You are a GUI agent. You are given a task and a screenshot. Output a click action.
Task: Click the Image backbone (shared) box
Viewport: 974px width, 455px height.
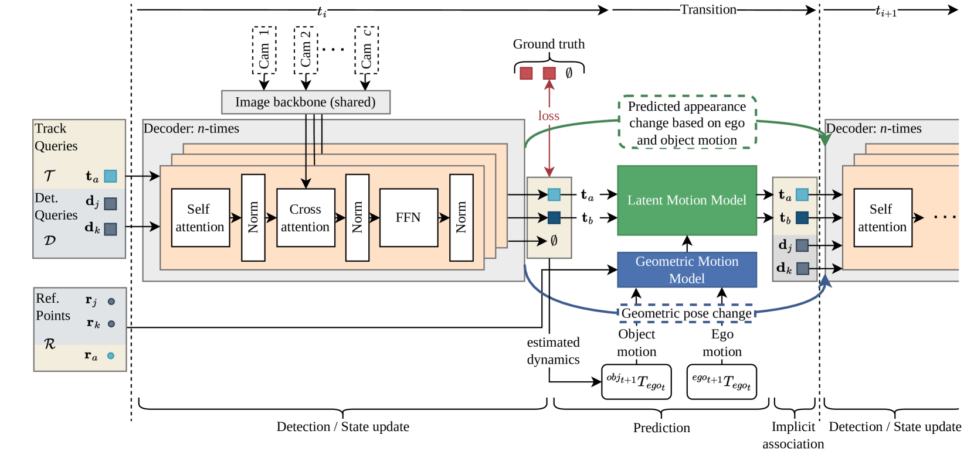click(x=306, y=102)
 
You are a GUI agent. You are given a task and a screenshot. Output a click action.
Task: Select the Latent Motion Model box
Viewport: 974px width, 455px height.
click(x=687, y=200)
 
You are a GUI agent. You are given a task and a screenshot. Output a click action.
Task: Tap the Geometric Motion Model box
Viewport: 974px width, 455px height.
click(x=687, y=270)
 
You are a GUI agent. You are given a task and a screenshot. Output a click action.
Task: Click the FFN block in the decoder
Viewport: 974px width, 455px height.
click(x=408, y=218)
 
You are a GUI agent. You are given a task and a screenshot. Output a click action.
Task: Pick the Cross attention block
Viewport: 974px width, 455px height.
click(x=306, y=218)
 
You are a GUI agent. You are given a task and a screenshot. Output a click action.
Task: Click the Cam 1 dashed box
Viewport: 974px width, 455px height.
click(x=264, y=50)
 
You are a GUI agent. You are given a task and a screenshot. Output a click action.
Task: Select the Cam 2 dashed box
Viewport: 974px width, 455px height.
click(x=306, y=50)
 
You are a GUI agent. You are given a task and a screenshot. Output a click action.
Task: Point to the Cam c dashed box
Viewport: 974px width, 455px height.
click(x=366, y=50)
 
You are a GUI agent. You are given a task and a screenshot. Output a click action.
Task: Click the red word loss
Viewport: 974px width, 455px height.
click(x=549, y=116)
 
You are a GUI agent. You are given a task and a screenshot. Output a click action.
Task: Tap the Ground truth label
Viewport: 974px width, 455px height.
click(x=549, y=44)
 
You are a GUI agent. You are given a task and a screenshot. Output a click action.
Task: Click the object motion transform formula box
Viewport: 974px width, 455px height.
click(x=636, y=382)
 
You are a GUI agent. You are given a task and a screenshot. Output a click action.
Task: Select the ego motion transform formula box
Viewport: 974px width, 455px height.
click(x=721, y=382)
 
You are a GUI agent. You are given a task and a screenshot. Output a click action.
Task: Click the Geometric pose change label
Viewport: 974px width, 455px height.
click(x=686, y=313)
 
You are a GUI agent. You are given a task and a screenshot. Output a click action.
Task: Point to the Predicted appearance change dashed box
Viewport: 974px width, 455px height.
click(x=687, y=123)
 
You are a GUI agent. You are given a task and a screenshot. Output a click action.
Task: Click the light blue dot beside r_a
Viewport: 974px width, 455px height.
click(x=111, y=355)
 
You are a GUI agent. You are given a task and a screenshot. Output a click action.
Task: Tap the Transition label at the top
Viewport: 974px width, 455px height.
click(x=708, y=9)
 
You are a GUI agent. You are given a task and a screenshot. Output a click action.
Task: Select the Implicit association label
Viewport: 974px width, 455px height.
click(x=793, y=435)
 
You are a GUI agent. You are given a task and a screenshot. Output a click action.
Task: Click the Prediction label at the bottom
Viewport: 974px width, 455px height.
click(x=661, y=428)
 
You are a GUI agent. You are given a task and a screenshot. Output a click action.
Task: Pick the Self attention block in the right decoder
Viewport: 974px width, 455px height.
click(x=883, y=218)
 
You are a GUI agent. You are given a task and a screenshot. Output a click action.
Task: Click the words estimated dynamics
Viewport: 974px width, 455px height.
click(x=553, y=351)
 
